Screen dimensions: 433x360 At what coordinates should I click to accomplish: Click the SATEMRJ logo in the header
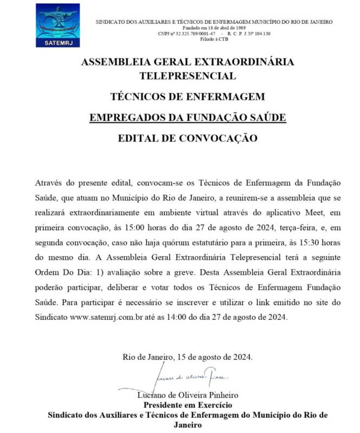(x=58, y=25)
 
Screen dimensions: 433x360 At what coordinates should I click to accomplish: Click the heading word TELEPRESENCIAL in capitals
(x=187, y=76)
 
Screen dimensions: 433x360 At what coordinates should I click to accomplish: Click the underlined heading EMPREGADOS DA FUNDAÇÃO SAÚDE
(x=187, y=117)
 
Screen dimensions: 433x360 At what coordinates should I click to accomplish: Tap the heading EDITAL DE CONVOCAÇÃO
(x=187, y=138)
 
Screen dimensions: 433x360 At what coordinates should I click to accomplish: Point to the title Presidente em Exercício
(x=187, y=405)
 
